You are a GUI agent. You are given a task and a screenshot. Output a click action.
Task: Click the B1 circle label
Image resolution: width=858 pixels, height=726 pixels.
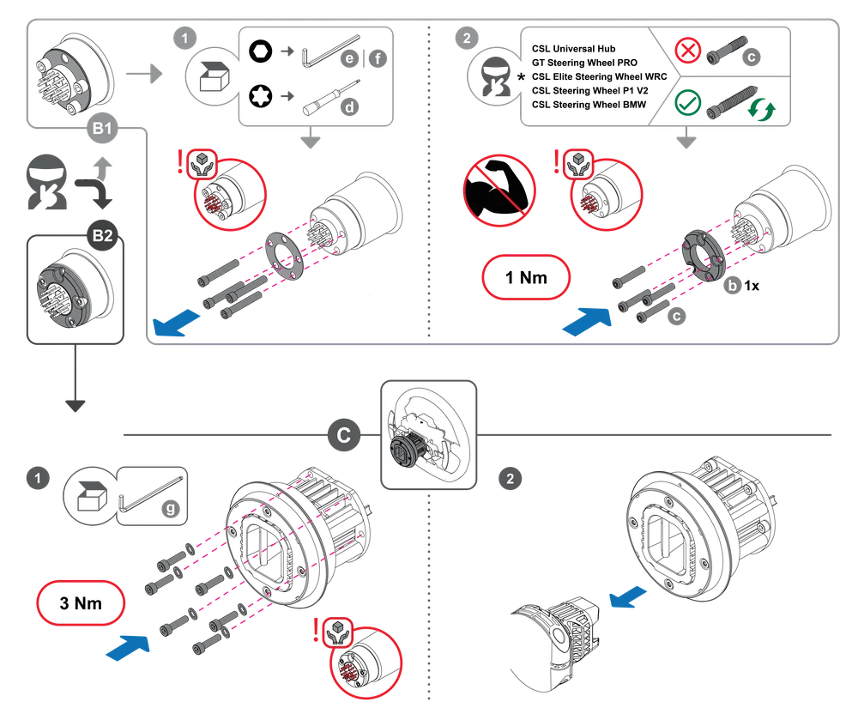click(x=103, y=130)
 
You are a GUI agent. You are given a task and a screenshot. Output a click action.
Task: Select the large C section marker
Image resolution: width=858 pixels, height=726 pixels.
click(x=343, y=436)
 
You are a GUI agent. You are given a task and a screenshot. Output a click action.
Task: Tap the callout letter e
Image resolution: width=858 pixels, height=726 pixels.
click(x=348, y=58)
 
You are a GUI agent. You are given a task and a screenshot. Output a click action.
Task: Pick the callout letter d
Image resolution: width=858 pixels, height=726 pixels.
click(x=348, y=107)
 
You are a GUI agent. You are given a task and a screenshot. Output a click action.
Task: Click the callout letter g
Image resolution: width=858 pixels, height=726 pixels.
click(x=171, y=508)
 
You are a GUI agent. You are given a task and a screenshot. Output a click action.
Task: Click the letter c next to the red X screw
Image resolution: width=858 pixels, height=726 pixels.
click(x=751, y=57)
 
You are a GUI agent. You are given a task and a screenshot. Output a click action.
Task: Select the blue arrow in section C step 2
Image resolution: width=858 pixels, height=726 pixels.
click(x=626, y=597)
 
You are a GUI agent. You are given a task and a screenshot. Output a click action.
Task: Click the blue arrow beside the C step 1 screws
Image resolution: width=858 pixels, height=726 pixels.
click(x=130, y=646)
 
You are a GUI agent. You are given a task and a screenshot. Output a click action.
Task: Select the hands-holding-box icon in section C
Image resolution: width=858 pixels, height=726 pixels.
click(x=333, y=632)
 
